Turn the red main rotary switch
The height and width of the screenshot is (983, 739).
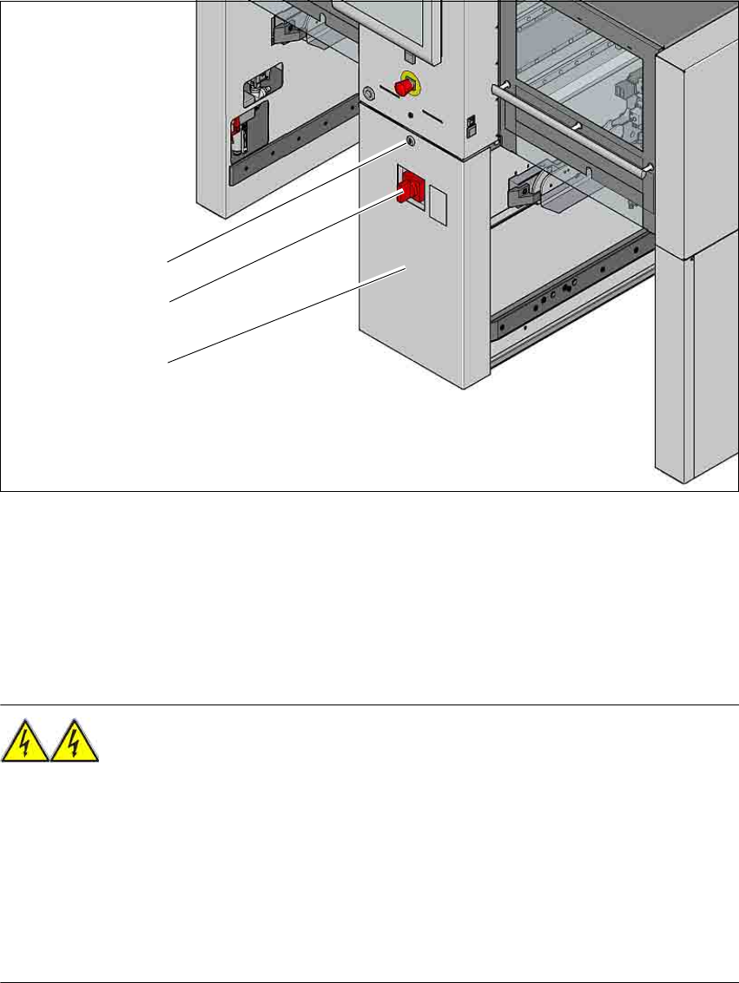click(410, 188)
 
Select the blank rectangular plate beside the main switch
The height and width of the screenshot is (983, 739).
click(441, 208)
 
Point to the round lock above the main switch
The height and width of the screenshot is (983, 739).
click(409, 141)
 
